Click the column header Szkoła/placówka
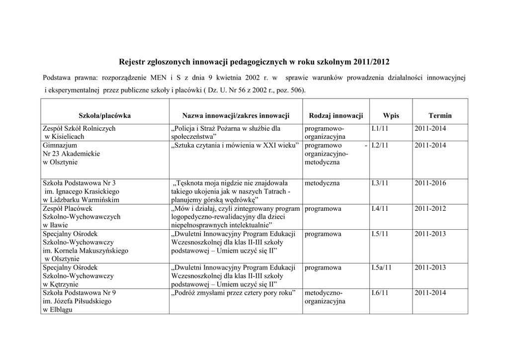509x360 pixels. pos(104,116)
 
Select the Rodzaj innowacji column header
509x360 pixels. pos(336,116)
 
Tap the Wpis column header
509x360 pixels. pos(391,116)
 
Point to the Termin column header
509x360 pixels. pos(440,116)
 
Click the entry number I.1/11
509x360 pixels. pos(380,128)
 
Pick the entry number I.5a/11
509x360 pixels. pos(382,268)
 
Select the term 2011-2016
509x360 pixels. pos(430,183)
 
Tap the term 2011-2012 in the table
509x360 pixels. pos(430,209)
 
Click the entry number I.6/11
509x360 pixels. pos(380,293)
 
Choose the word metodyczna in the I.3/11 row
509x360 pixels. pos(322,183)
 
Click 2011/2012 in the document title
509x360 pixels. pos(372,62)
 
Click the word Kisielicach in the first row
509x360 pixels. pos(67,137)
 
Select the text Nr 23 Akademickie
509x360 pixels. pos(72,154)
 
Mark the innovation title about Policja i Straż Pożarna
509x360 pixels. pos(226,132)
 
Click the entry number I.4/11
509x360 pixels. pos(380,209)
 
